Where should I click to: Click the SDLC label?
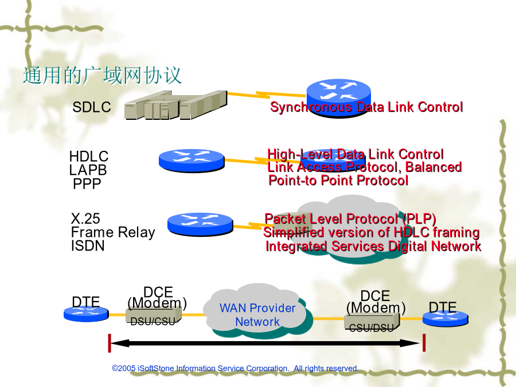click(92, 107)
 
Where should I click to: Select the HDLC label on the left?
click(88, 157)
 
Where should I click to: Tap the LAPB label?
click(88, 170)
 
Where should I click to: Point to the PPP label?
click(87, 183)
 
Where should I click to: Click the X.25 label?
click(85, 218)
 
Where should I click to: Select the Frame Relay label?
click(113, 232)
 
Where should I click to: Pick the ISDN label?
click(88, 246)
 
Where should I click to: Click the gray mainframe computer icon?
click(176, 105)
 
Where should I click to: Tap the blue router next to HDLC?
click(191, 161)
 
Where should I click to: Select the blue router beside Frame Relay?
click(200, 224)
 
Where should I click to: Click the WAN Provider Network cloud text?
click(257, 315)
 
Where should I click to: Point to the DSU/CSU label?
click(153, 322)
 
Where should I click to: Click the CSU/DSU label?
click(371, 328)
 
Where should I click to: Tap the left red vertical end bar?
click(110, 343)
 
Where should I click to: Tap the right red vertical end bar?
click(424, 343)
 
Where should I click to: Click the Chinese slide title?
click(102, 76)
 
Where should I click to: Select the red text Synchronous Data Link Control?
click(366, 107)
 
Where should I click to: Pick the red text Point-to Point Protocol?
click(338, 181)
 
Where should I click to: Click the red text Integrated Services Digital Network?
click(373, 246)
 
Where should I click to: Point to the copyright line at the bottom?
click(235, 368)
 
